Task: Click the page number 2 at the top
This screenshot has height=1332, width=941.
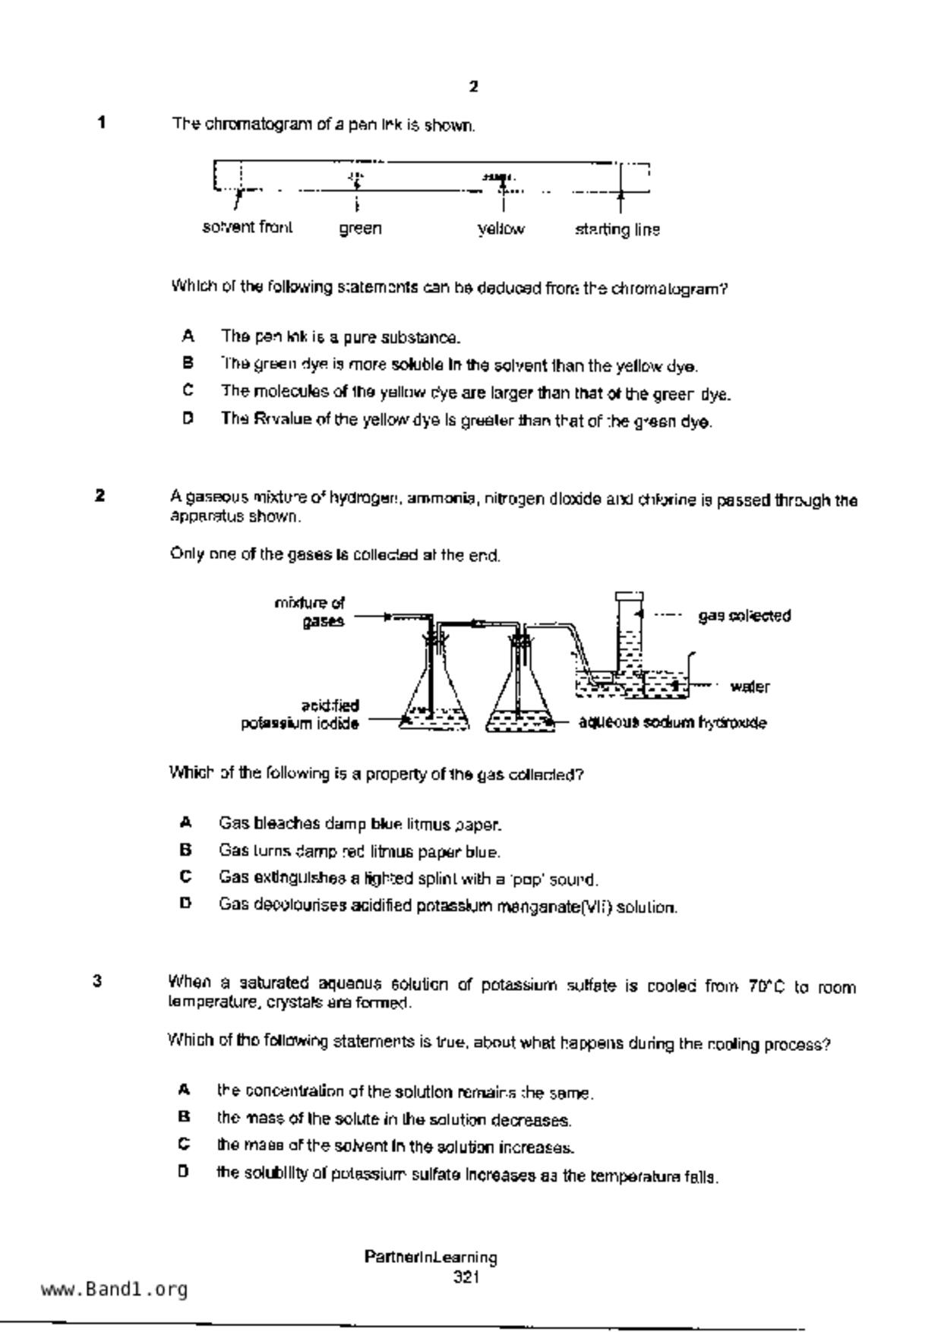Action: (x=474, y=87)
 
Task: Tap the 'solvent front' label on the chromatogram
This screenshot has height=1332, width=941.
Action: (x=248, y=227)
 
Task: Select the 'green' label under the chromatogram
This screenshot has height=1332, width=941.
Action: (x=360, y=229)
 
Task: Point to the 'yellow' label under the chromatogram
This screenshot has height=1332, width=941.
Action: (x=501, y=229)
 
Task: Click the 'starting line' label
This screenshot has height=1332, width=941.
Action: (x=617, y=229)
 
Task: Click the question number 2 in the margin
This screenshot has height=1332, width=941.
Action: (x=99, y=496)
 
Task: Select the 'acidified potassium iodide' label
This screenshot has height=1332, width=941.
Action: (x=301, y=715)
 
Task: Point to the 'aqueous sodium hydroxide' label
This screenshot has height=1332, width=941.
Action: (x=672, y=723)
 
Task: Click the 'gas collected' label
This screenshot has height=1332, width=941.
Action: (x=744, y=616)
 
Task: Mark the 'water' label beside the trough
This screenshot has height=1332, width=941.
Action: (x=750, y=687)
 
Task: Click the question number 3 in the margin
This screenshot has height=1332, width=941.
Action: (x=98, y=981)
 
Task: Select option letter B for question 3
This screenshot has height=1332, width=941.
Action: (x=184, y=1117)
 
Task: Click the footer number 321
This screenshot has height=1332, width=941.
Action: (x=466, y=1277)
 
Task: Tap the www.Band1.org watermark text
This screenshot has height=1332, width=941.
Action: (x=114, y=1289)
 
